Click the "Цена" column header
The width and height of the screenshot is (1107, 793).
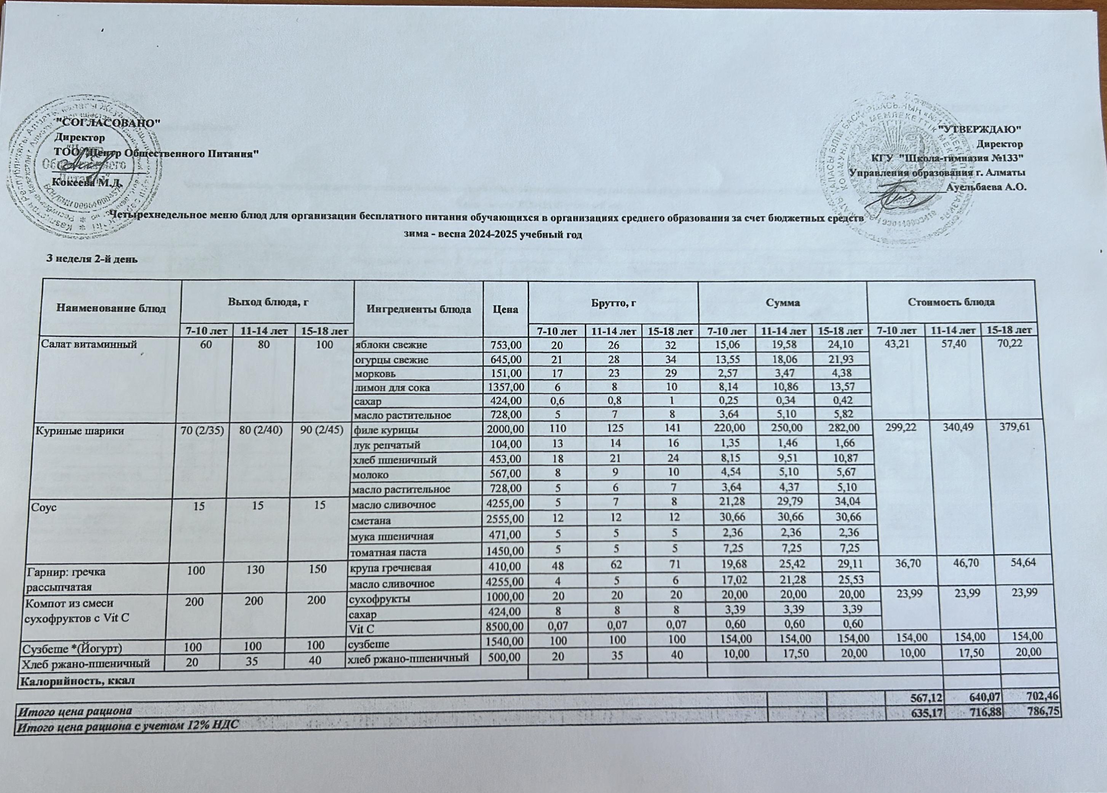pyautogui.click(x=505, y=309)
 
